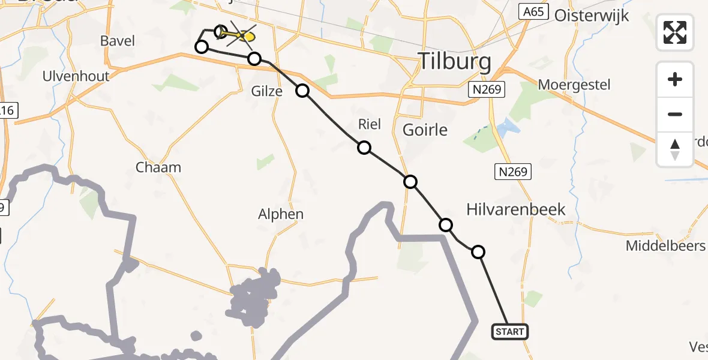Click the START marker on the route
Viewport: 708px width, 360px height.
tap(510, 331)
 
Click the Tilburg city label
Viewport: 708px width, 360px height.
tap(454, 61)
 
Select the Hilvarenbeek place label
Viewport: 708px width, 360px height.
tap(515, 209)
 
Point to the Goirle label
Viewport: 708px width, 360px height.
tap(425, 130)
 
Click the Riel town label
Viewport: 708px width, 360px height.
tap(369, 124)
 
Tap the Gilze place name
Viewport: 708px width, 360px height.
tap(267, 91)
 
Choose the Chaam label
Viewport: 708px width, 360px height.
tap(158, 167)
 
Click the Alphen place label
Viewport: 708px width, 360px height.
tap(281, 214)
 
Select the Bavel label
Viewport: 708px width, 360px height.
tap(118, 41)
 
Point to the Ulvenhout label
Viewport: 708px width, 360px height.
tap(76, 76)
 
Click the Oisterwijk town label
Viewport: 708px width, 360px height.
tap(592, 16)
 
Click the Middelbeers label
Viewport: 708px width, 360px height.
tap(666, 245)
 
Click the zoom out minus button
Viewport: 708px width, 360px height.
tap(675, 114)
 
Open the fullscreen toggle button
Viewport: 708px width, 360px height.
tap(675, 32)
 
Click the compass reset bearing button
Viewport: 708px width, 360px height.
tap(675, 149)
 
